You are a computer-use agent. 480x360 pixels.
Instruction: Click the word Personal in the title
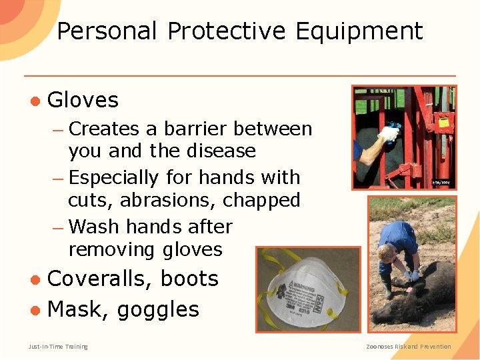tap(107, 31)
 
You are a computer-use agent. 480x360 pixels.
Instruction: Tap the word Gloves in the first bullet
tap(83, 101)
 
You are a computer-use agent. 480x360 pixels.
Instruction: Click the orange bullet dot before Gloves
tap(35, 101)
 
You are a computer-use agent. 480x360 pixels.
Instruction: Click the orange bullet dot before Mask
tap(35, 310)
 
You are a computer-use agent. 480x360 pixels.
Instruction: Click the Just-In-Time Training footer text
tap(58, 346)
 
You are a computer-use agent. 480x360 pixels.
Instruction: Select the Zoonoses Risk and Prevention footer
tap(409, 346)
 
